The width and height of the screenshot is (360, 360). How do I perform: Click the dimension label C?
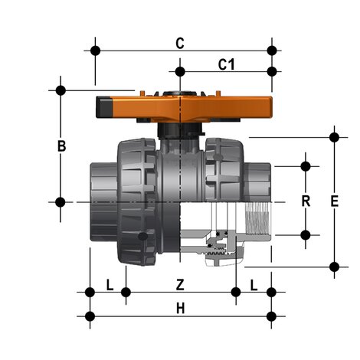coord(179,43)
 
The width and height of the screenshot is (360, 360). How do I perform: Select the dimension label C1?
coord(226,64)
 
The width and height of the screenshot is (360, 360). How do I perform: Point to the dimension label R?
coord(305,201)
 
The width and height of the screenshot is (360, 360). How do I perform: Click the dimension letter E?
coord(334,201)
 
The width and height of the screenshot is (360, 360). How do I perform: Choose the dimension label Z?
coord(180,284)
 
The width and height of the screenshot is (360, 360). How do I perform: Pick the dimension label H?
coord(180,308)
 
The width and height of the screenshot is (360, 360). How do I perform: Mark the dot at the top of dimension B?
coord(61,90)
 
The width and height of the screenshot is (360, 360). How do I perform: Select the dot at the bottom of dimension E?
coord(334,267)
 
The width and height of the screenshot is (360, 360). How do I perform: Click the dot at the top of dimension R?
coord(306,165)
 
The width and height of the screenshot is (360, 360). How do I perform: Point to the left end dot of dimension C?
coord(96,51)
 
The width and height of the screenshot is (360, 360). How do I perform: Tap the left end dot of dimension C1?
coord(180,72)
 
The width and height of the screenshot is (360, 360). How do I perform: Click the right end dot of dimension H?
coord(270,316)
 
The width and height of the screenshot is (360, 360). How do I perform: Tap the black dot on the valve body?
coord(142,239)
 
